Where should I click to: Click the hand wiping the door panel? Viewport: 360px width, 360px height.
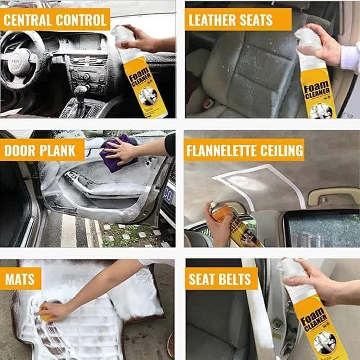[x=121, y=149]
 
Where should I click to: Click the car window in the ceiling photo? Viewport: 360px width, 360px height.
[x=320, y=227]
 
